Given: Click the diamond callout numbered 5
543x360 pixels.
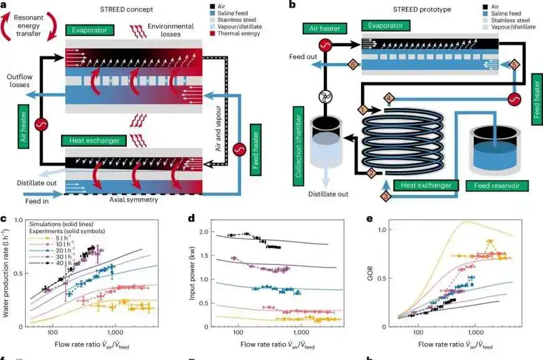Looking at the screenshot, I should pos(514,65).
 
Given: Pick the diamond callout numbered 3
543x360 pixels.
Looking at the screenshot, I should pos(384,196).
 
